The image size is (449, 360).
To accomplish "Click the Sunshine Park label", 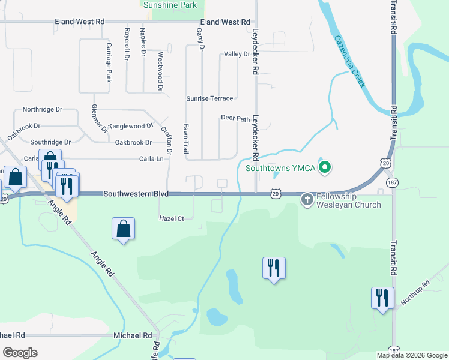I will pyautogui.click(x=170, y=5).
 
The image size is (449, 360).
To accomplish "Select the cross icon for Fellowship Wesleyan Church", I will pyautogui.click(x=307, y=198).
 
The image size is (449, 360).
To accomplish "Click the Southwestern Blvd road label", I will pyautogui.click(x=136, y=194).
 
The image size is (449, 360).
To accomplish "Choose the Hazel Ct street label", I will pyautogui.click(x=171, y=219).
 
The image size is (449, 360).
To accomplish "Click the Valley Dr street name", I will pyautogui.click(x=237, y=54).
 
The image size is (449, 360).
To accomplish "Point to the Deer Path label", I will pyautogui.click(x=235, y=119).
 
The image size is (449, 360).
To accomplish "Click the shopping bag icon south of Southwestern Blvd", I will pyautogui.click(x=123, y=229).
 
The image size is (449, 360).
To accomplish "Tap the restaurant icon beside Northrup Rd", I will pyautogui.click(x=382, y=298).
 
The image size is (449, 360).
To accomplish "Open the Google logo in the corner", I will pyautogui.click(x=20, y=353).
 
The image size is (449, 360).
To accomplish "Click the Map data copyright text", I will pyautogui.click(x=411, y=355).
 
